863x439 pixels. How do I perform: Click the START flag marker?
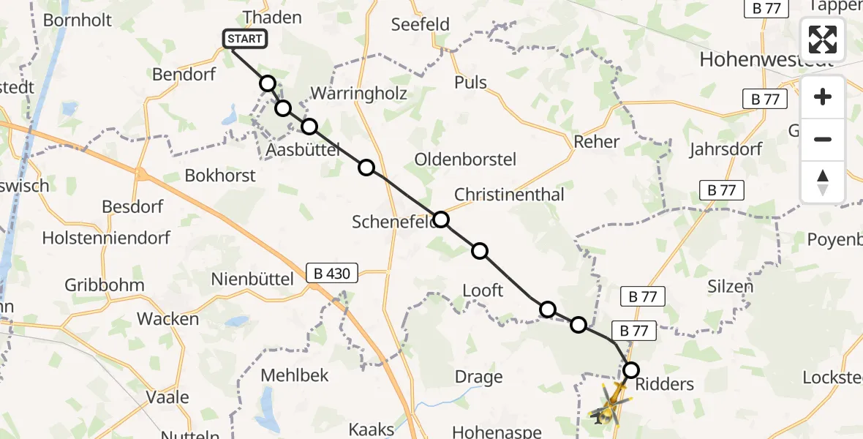click(245, 39)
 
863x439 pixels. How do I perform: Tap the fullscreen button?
click(823, 40)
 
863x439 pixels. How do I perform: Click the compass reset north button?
click(823, 182)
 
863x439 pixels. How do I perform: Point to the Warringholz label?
click(358, 94)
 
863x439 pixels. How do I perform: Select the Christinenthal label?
click(509, 195)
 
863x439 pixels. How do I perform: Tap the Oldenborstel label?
click(465, 160)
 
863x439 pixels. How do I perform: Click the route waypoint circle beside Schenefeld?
click(441, 219)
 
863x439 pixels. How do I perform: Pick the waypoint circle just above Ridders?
click(630, 370)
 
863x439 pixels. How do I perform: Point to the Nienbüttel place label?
click(252, 279)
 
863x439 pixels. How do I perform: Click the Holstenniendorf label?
click(106, 238)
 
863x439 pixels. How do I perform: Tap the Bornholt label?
click(78, 20)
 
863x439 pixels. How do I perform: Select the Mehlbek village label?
click(295, 376)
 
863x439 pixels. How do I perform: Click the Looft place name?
click(483, 290)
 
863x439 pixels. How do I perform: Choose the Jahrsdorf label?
click(726, 149)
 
